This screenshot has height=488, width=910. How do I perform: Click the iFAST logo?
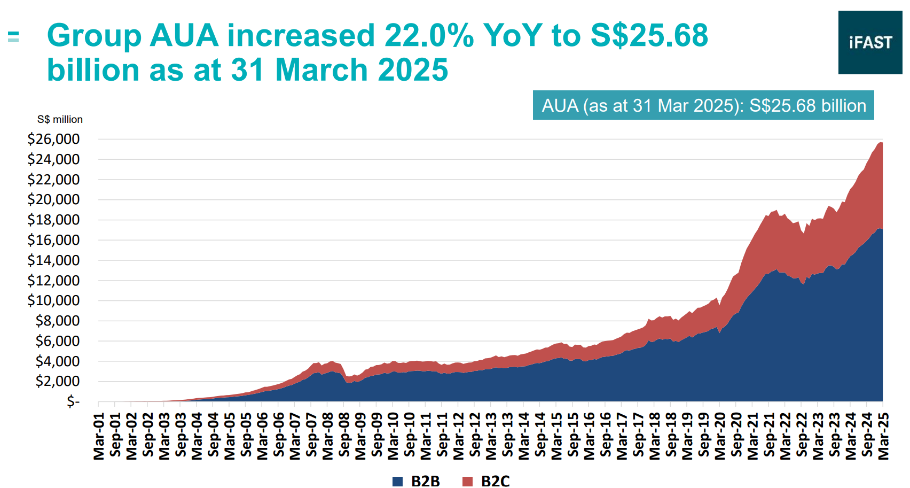click(870, 42)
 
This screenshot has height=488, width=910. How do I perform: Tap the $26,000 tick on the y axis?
click(53, 140)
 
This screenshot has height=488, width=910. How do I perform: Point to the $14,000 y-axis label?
click(53, 261)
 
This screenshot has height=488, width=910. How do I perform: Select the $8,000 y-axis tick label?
click(57, 321)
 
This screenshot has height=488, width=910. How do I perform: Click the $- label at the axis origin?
click(73, 401)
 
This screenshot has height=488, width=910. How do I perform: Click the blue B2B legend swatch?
click(397, 481)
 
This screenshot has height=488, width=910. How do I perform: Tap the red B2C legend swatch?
click(467, 481)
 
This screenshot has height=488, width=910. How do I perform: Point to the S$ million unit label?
click(60, 120)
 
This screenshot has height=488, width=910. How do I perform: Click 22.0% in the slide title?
click(429, 36)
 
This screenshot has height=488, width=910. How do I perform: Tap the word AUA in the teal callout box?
click(560, 105)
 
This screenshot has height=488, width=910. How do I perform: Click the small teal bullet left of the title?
click(13, 36)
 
